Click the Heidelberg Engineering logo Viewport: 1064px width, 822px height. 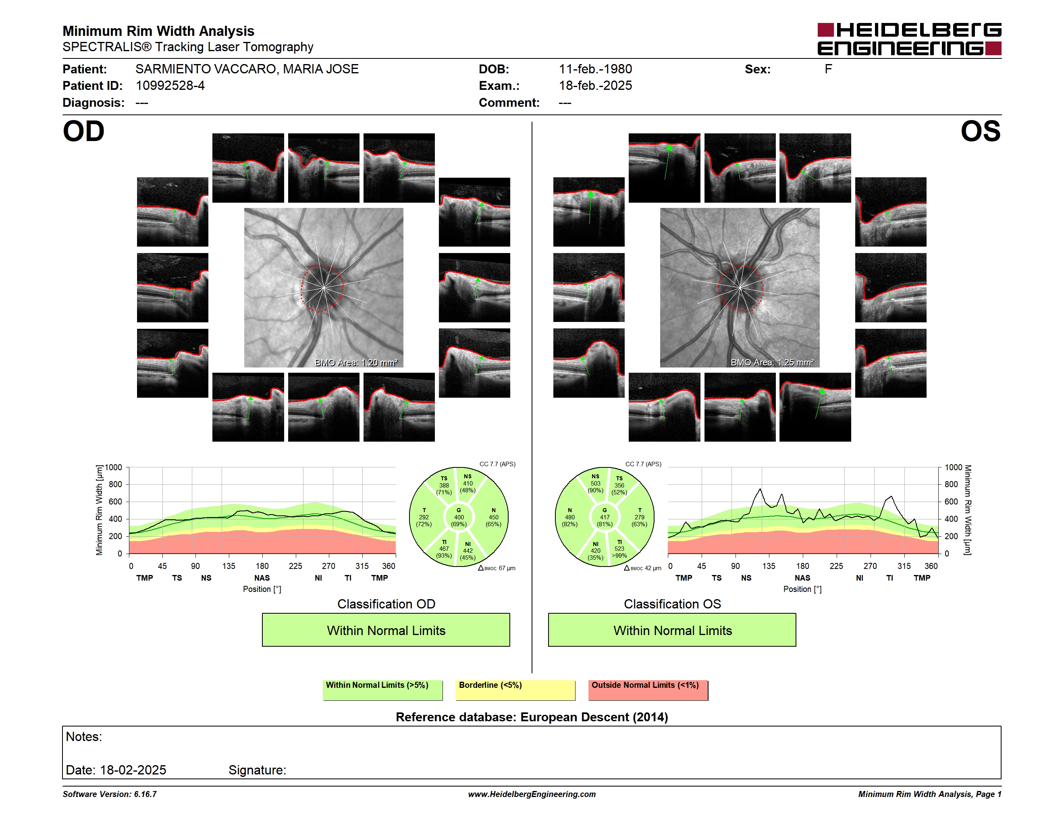click(x=909, y=39)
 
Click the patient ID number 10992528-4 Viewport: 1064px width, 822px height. click(x=170, y=86)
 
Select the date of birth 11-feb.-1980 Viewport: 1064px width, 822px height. click(x=595, y=69)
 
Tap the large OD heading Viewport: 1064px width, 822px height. click(x=83, y=131)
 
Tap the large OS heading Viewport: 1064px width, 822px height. click(x=980, y=131)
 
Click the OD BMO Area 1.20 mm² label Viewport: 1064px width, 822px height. click(x=356, y=362)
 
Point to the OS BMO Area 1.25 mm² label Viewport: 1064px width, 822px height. click(x=772, y=362)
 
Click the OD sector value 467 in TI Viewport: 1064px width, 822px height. click(x=444, y=549)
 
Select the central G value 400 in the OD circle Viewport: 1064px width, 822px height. click(x=459, y=517)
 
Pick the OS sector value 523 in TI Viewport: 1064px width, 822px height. click(x=619, y=549)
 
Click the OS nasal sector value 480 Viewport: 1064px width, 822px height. click(x=569, y=517)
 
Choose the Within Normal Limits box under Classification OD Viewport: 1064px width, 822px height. click(x=386, y=630)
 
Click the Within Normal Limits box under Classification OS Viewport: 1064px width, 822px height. click(x=672, y=630)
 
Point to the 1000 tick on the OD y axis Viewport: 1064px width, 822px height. click(x=114, y=467)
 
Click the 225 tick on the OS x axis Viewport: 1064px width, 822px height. click(x=836, y=566)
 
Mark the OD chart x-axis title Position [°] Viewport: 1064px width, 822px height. click(x=262, y=589)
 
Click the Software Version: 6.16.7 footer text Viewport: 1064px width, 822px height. click(x=110, y=794)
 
